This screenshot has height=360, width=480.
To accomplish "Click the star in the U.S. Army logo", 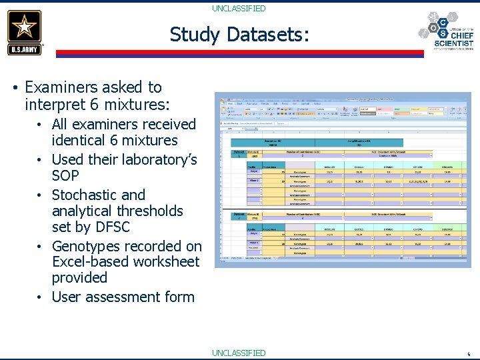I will [25, 27].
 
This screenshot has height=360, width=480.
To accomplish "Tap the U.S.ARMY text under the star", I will [25, 49].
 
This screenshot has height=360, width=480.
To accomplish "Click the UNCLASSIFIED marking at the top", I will [239, 9].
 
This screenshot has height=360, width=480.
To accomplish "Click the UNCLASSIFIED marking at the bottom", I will [239, 353].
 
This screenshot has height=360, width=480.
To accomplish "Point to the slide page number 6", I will [469, 355].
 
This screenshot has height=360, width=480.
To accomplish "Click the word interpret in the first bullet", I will [53, 105].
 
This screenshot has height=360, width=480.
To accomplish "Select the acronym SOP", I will [65, 176].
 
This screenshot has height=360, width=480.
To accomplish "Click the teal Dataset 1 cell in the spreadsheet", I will [238, 153].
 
